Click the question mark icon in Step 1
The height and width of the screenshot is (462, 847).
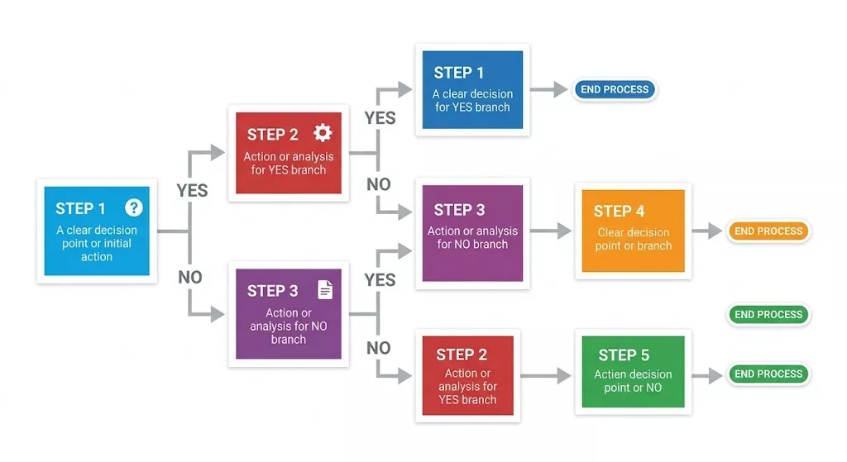point(133,207)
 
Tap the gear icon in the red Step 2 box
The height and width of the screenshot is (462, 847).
point(322,133)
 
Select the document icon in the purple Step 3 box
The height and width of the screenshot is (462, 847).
point(325,289)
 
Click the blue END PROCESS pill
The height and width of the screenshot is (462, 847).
point(615,89)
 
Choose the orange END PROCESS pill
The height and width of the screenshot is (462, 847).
point(768,231)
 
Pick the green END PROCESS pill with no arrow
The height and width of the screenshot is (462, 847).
point(768,314)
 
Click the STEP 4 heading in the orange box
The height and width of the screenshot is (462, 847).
point(619,211)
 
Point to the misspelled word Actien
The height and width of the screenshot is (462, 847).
point(610,374)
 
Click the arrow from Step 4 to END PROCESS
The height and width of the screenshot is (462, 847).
point(708,231)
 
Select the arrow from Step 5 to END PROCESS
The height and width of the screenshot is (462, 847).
point(708,374)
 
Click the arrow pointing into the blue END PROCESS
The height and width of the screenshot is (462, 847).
point(549,89)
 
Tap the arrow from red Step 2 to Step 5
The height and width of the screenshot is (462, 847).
point(546,375)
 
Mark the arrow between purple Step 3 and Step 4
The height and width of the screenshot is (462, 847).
point(550,231)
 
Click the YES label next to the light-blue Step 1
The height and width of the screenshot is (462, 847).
point(192,190)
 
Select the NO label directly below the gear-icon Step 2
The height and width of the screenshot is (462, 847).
point(379,184)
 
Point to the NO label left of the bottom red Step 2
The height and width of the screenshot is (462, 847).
point(379,348)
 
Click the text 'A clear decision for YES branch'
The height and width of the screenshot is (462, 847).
point(472,100)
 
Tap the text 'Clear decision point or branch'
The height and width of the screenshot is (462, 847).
point(634,239)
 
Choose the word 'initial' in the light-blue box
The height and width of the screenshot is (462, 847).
point(117,244)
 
